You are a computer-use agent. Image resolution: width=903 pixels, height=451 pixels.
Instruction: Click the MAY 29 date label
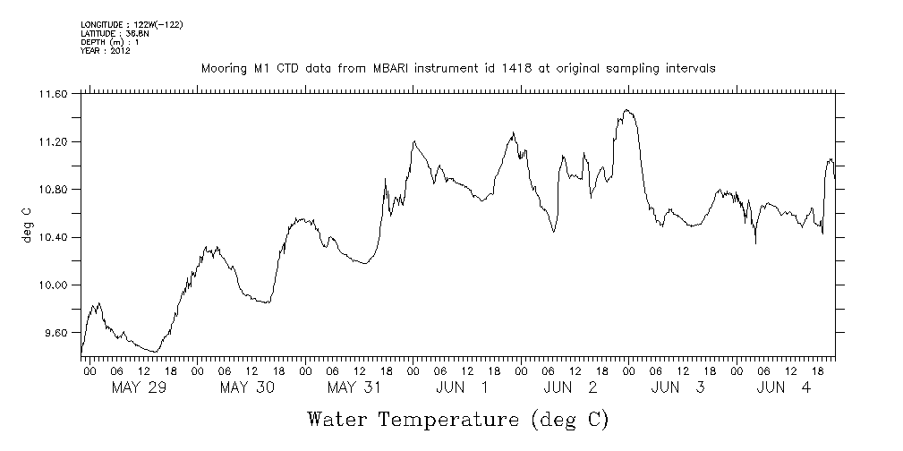(x=139, y=387)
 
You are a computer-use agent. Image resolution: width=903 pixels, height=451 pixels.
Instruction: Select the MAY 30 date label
(x=246, y=387)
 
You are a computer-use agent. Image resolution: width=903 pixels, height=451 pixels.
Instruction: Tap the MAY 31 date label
(x=354, y=387)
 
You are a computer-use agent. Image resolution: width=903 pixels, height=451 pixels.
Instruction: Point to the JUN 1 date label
(x=462, y=387)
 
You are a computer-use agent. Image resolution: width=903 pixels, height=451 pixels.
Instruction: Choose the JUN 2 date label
(x=570, y=387)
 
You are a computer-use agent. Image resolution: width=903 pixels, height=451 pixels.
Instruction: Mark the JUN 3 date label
(x=677, y=387)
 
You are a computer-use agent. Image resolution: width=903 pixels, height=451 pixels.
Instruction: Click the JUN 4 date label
(x=785, y=387)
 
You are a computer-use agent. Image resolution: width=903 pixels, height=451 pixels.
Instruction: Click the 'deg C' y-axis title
(x=26, y=225)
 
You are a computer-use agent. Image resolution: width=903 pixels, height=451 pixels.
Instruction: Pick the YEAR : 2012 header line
(x=106, y=51)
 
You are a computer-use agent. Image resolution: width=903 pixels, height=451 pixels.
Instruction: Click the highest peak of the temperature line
(x=627, y=110)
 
